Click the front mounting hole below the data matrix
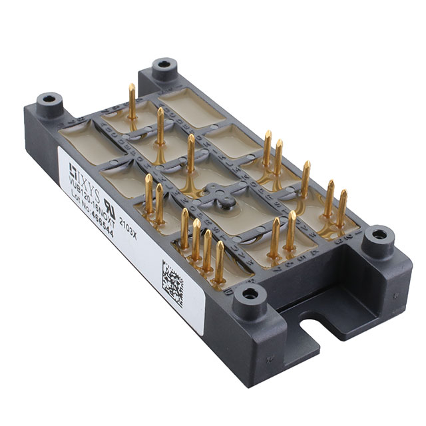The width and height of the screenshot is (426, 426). [x=249, y=294]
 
